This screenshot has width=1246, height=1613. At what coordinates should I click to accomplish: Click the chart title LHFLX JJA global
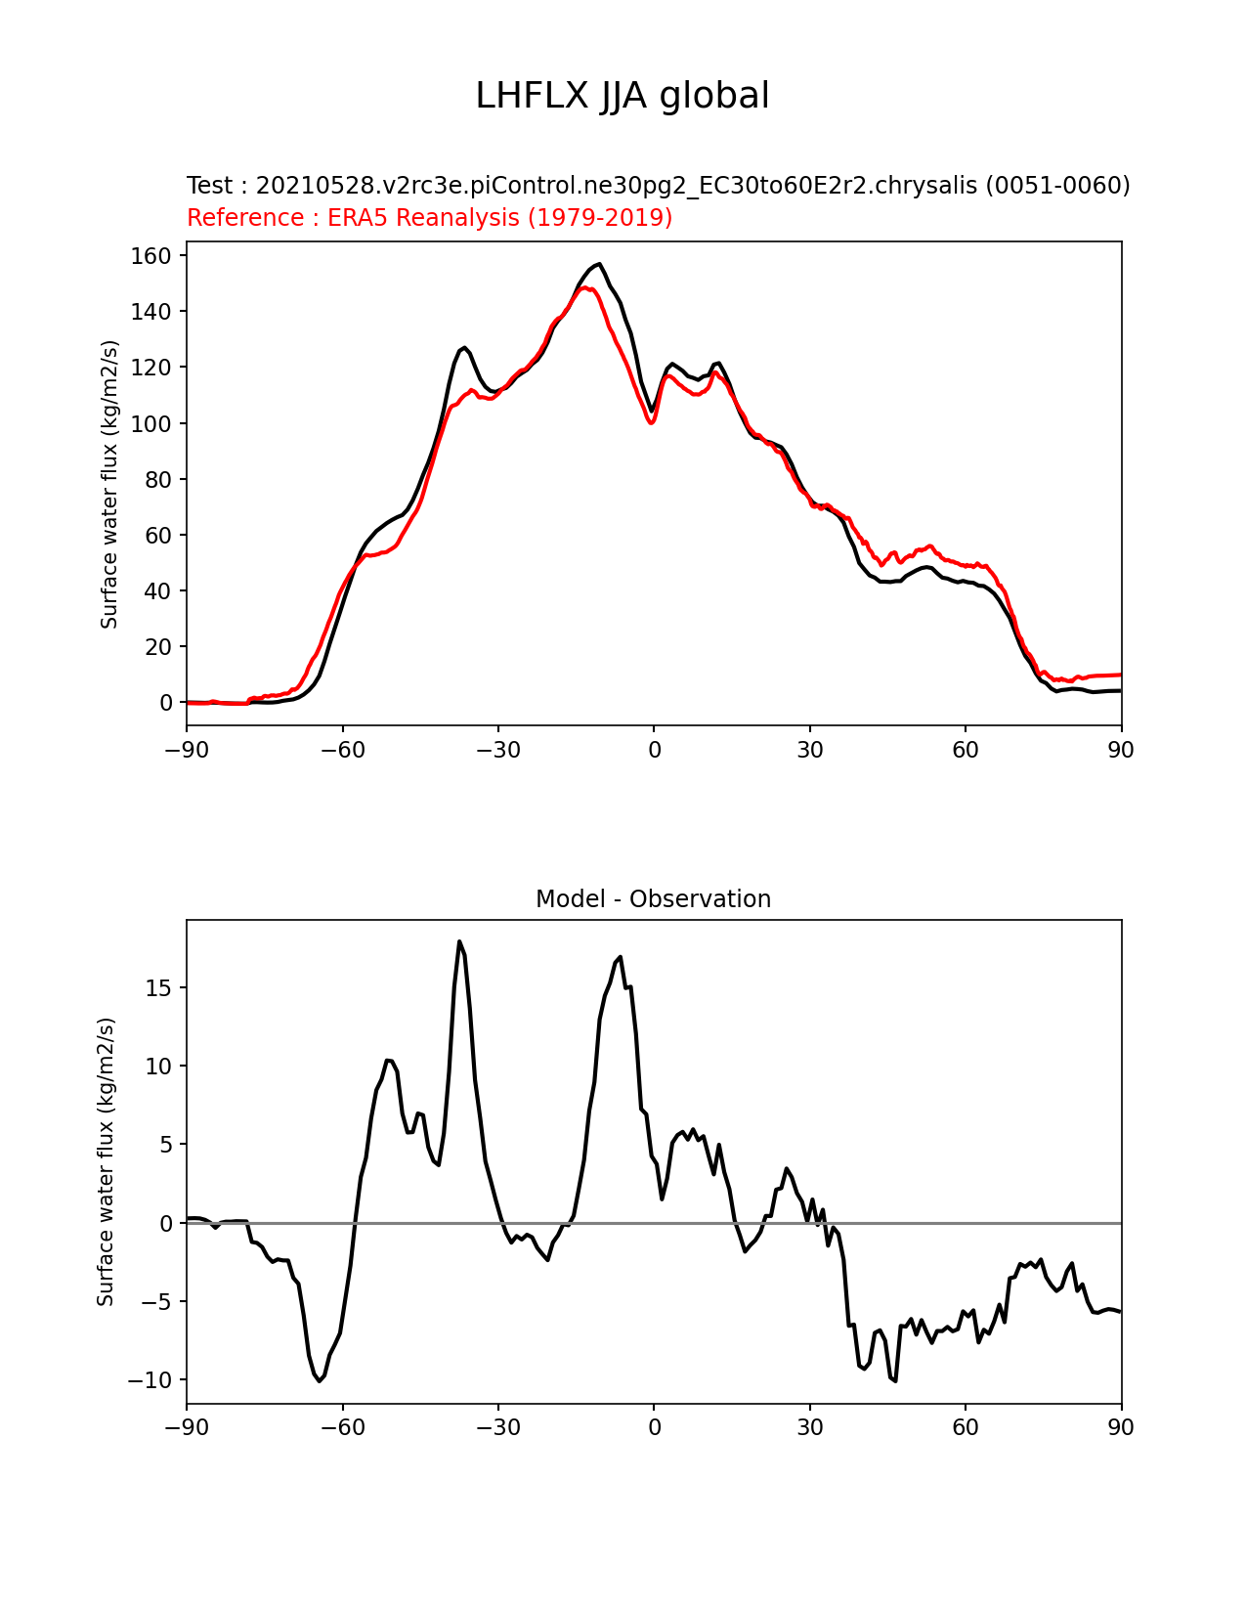pos(623,97)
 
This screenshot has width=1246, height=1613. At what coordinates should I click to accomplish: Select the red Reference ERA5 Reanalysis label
pos(429,218)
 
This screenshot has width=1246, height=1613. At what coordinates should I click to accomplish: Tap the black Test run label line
pos(658,186)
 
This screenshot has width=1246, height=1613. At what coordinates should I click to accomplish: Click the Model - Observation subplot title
pos(653,899)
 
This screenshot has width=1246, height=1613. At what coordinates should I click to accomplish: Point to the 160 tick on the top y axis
pos(151,256)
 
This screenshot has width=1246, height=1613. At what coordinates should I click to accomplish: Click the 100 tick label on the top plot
pos(151,424)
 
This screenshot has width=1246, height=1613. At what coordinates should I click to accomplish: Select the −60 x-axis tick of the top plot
pos(343,750)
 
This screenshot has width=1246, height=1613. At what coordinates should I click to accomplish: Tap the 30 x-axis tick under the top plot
pos(810,750)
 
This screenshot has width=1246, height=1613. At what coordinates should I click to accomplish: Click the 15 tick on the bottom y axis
pos(159,988)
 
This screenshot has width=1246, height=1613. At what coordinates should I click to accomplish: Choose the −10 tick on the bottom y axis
pos(151,1380)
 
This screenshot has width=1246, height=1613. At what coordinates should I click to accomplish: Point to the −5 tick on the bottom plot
pos(156,1302)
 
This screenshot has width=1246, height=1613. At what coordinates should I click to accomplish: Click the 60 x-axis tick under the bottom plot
pos(966,1427)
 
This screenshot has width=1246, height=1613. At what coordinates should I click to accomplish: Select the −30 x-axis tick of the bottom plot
pos(498,1427)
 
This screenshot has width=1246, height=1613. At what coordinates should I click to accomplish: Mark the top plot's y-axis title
pos(109,484)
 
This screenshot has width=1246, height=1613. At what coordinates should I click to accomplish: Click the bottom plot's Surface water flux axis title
pos(107,1161)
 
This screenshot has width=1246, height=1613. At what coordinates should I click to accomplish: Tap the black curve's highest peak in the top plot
pos(599,264)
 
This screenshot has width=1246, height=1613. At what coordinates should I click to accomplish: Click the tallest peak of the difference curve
pos(459,941)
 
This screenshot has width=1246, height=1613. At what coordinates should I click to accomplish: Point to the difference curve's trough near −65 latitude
pos(319,1380)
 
